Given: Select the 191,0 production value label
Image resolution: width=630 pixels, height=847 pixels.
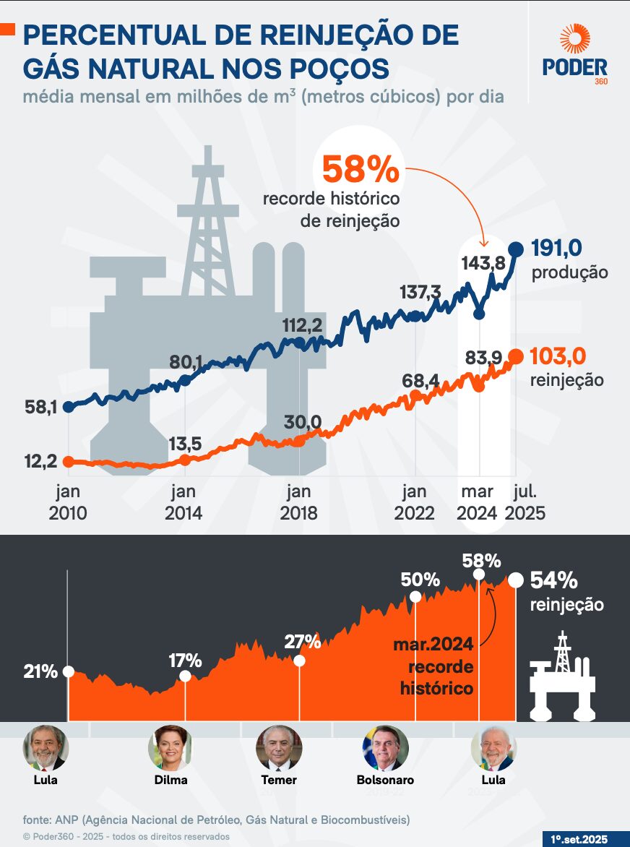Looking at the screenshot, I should click(x=556, y=248).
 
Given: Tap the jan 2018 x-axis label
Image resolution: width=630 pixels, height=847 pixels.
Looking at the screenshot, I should click(x=298, y=502).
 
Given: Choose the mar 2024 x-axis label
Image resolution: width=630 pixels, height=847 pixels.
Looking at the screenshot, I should click(x=477, y=502).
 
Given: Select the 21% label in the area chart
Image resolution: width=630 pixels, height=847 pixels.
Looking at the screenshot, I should click(x=40, y=671).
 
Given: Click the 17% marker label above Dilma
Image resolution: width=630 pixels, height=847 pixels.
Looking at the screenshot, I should click(x=185, y=660).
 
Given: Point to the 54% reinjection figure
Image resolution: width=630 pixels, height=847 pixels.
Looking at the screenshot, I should click(x=554, y=580).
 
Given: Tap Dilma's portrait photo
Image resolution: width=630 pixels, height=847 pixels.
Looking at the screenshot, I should click(x=171, y=748).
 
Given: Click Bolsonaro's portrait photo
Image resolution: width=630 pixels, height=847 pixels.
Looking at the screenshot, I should click(x=385, y=748).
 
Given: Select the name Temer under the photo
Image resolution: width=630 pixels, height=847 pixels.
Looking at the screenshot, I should click(x=279, y=781).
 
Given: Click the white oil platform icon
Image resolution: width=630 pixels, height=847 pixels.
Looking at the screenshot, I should click(x=561, y=676).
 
